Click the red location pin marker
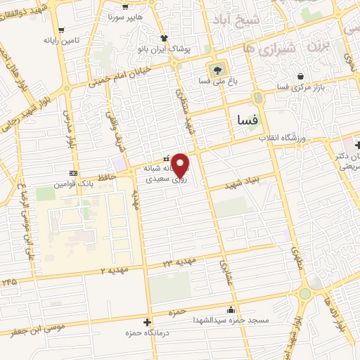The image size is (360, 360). click(180, 165)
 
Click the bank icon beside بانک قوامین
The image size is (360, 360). click(73, 173)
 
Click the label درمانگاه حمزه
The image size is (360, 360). click(144, 333)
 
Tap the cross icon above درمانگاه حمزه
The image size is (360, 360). click(146, 323)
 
